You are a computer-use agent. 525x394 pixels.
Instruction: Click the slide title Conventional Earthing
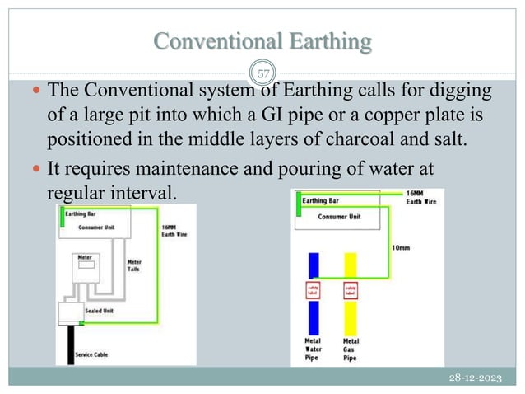click(262, 40)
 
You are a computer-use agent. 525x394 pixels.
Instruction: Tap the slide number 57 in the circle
click(264, 74)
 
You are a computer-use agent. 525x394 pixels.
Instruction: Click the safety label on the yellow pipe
click(350, 291)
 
